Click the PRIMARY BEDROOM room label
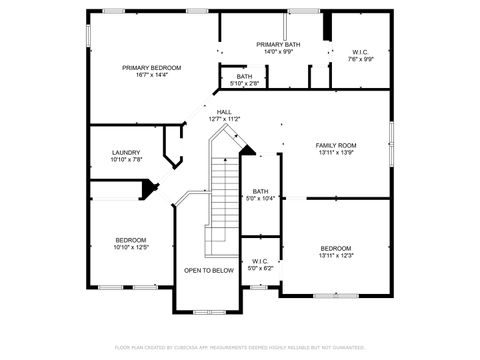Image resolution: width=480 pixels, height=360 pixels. [151, 68]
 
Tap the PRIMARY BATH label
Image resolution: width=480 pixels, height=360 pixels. [277, 45]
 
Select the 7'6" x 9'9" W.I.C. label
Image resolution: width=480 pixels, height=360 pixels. [361, 51]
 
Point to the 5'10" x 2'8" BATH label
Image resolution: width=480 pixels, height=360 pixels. [244, 76]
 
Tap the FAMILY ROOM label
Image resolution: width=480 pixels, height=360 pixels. [336, 146]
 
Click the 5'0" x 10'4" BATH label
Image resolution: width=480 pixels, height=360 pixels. [260, 191]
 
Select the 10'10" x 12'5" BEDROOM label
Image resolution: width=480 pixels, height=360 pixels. [130, 240]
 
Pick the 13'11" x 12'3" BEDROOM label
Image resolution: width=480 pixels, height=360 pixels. [336, 248]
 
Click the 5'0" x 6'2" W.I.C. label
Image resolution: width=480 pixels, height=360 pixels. [259, 262]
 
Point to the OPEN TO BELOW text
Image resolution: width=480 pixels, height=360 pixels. [209, 270]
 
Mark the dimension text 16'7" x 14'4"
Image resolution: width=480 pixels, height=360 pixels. [151, 75]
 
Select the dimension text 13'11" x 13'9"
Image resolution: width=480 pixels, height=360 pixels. [336, 153]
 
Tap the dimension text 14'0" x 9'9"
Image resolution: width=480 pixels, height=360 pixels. [277, 52]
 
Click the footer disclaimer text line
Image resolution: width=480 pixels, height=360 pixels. [240, 347]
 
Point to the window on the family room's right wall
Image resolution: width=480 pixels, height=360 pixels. [391, 138]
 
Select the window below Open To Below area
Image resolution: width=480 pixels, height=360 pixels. [208, 310]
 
